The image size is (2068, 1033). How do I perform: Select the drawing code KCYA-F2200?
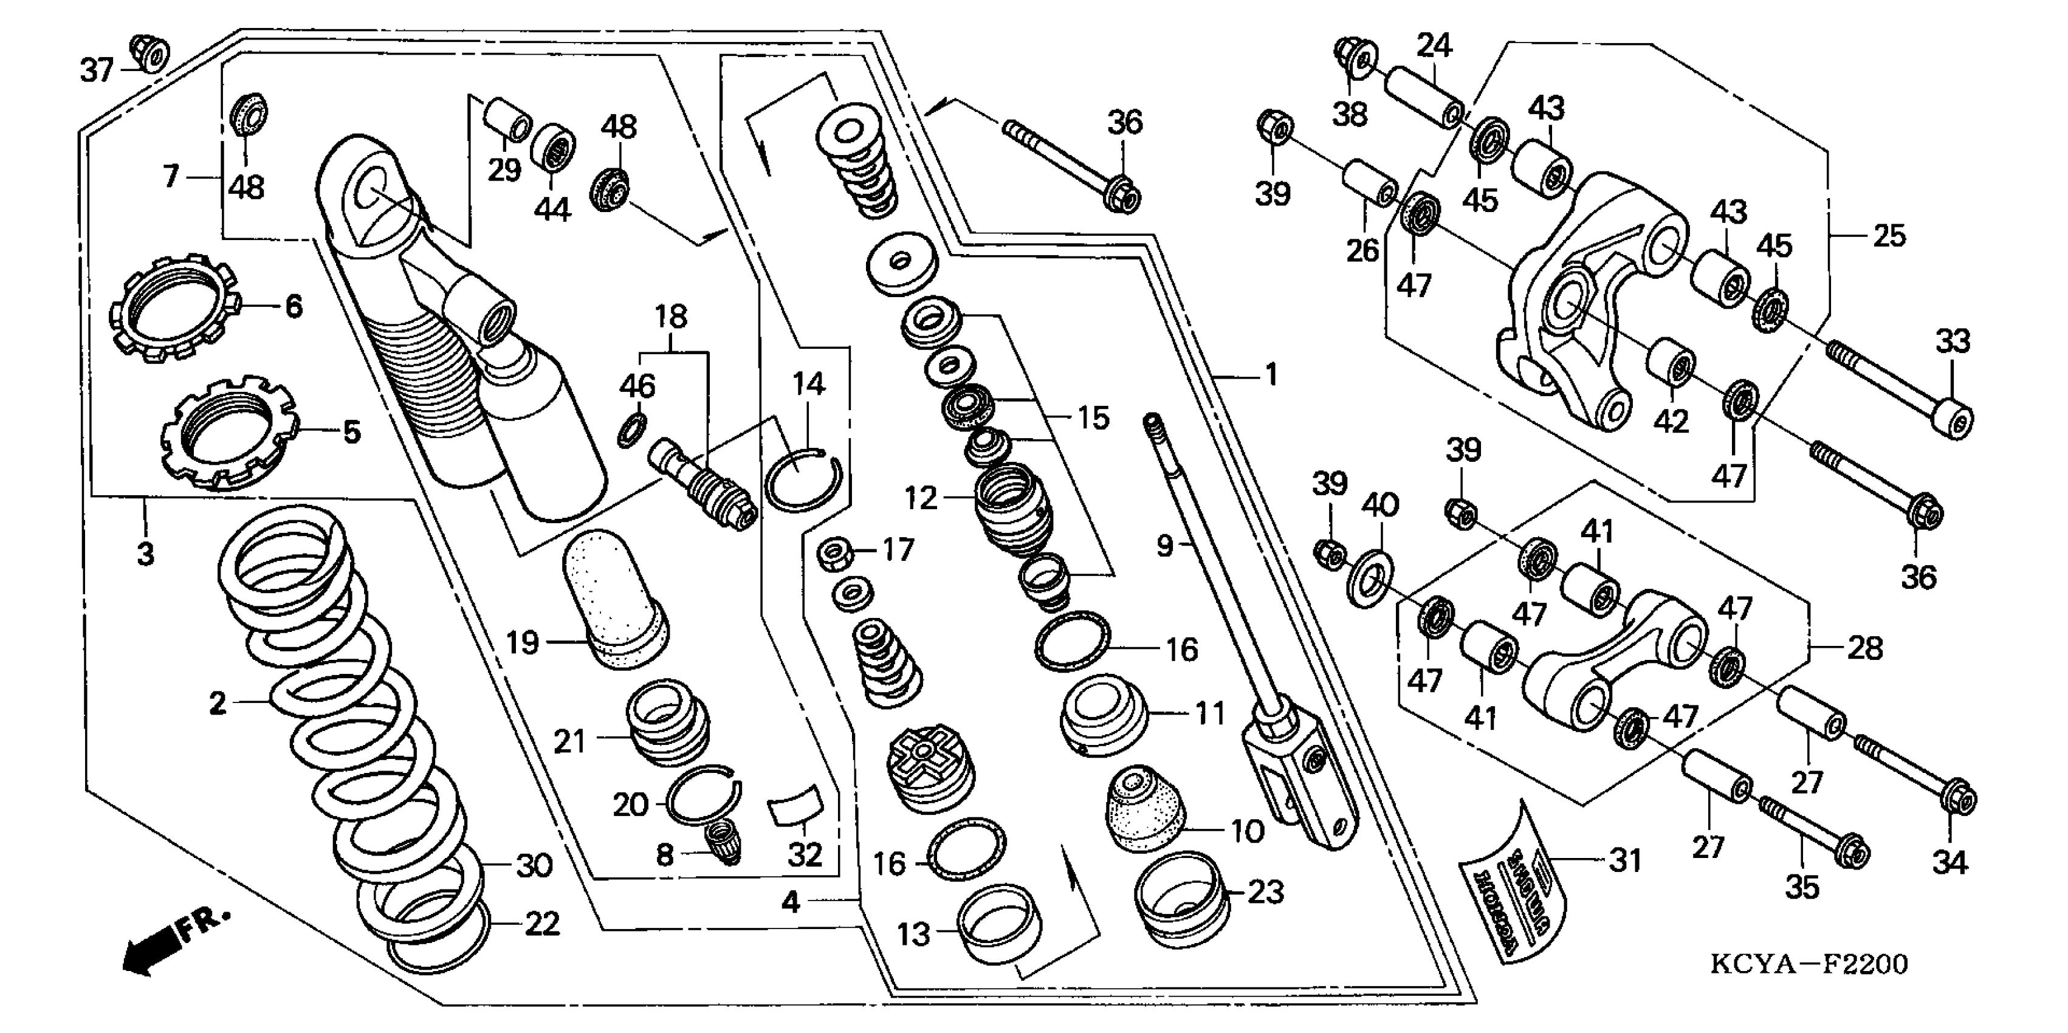coord(1808,964)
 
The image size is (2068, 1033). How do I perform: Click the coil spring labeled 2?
coord(337,722)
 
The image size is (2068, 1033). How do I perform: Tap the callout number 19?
coord(522,643)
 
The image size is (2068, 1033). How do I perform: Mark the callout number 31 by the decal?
coord(1626,861)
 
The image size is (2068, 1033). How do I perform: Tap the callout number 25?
coord(1889,236)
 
